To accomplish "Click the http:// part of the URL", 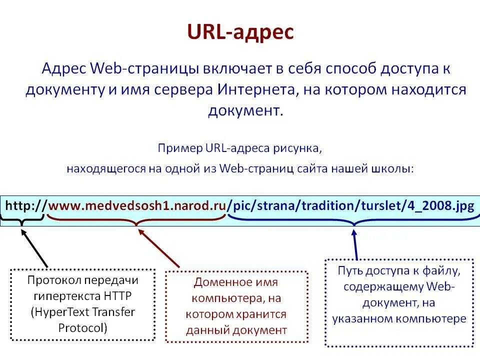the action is point(26,205).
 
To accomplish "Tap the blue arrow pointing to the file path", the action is point(355,243).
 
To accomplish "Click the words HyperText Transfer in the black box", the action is point(82,312).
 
